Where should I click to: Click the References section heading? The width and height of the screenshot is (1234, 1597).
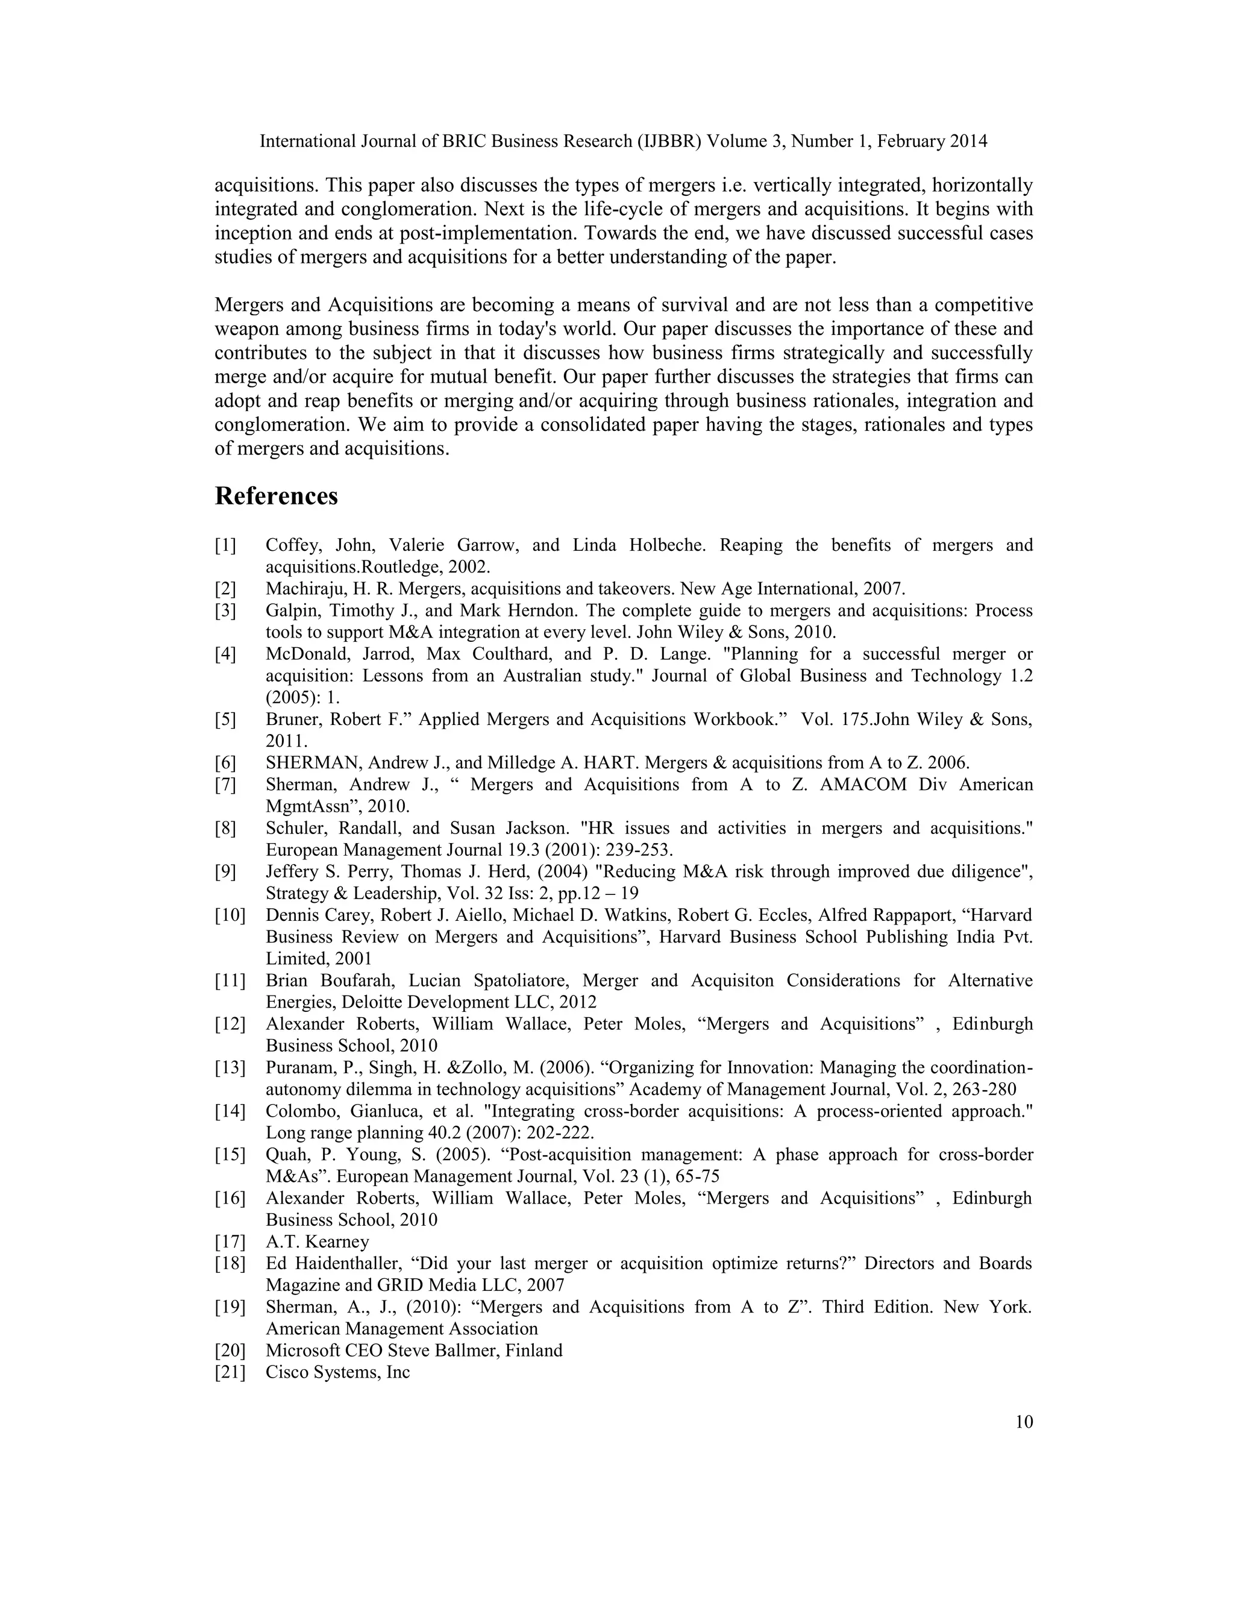277,497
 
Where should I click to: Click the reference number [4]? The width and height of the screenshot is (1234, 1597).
225,654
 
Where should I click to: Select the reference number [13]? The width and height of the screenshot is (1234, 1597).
230,1068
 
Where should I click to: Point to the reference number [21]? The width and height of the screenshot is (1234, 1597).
230,1372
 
